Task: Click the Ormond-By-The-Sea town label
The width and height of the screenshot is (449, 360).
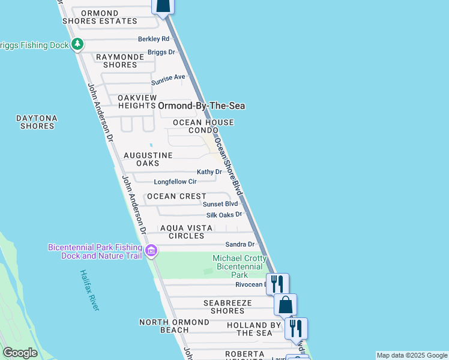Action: pyautogui.click(x=202, y=106)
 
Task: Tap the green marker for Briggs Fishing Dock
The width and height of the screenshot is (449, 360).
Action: pyautogui.click(x=77, y=44)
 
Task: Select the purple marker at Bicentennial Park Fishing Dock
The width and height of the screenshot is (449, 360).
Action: pyautogui.click(x=151, y=250)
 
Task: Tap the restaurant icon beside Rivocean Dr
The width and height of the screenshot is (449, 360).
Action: pyautogui.click(x=277, y=283)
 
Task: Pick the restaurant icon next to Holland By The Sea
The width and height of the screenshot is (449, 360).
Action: pyautogui.click(x=296, y=328)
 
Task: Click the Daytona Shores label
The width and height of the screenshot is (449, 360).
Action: pyautogui.click(x=37, y=122)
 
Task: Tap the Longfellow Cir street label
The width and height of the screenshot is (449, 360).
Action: pyautogui.click(x=175, y=181)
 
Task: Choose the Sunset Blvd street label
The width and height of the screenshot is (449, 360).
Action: pyautogui.click(x=220, y=204)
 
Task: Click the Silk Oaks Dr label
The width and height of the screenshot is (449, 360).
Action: pyautogui.click(x=224, y=214)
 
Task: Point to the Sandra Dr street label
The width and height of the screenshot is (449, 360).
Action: pyautogui.click(x=240, y=244)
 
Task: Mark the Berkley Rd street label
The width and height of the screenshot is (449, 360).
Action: pyautogui.click(x=154, y=38)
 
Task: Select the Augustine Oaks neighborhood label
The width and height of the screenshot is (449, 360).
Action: pyautogui.click(x=148, y=159)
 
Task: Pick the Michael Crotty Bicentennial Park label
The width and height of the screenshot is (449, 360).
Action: pyautogui.click(x=240, y=266)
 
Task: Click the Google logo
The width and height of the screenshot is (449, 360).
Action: pyautogui.click(x=20, y=353)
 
